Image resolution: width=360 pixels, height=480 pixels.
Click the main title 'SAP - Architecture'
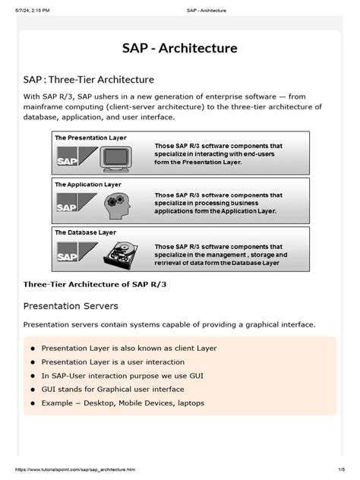coord(180,48)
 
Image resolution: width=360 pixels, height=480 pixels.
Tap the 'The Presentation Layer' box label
coord(90,137)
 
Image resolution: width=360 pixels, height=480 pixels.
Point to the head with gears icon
coord(119,204)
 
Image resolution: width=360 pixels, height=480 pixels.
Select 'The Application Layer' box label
coord(88,184)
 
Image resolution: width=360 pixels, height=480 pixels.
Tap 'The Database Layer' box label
coord(85,231)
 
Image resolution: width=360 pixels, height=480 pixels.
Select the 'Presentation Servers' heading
coord(71,306)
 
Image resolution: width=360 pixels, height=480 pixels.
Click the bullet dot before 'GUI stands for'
coord(33,390)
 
